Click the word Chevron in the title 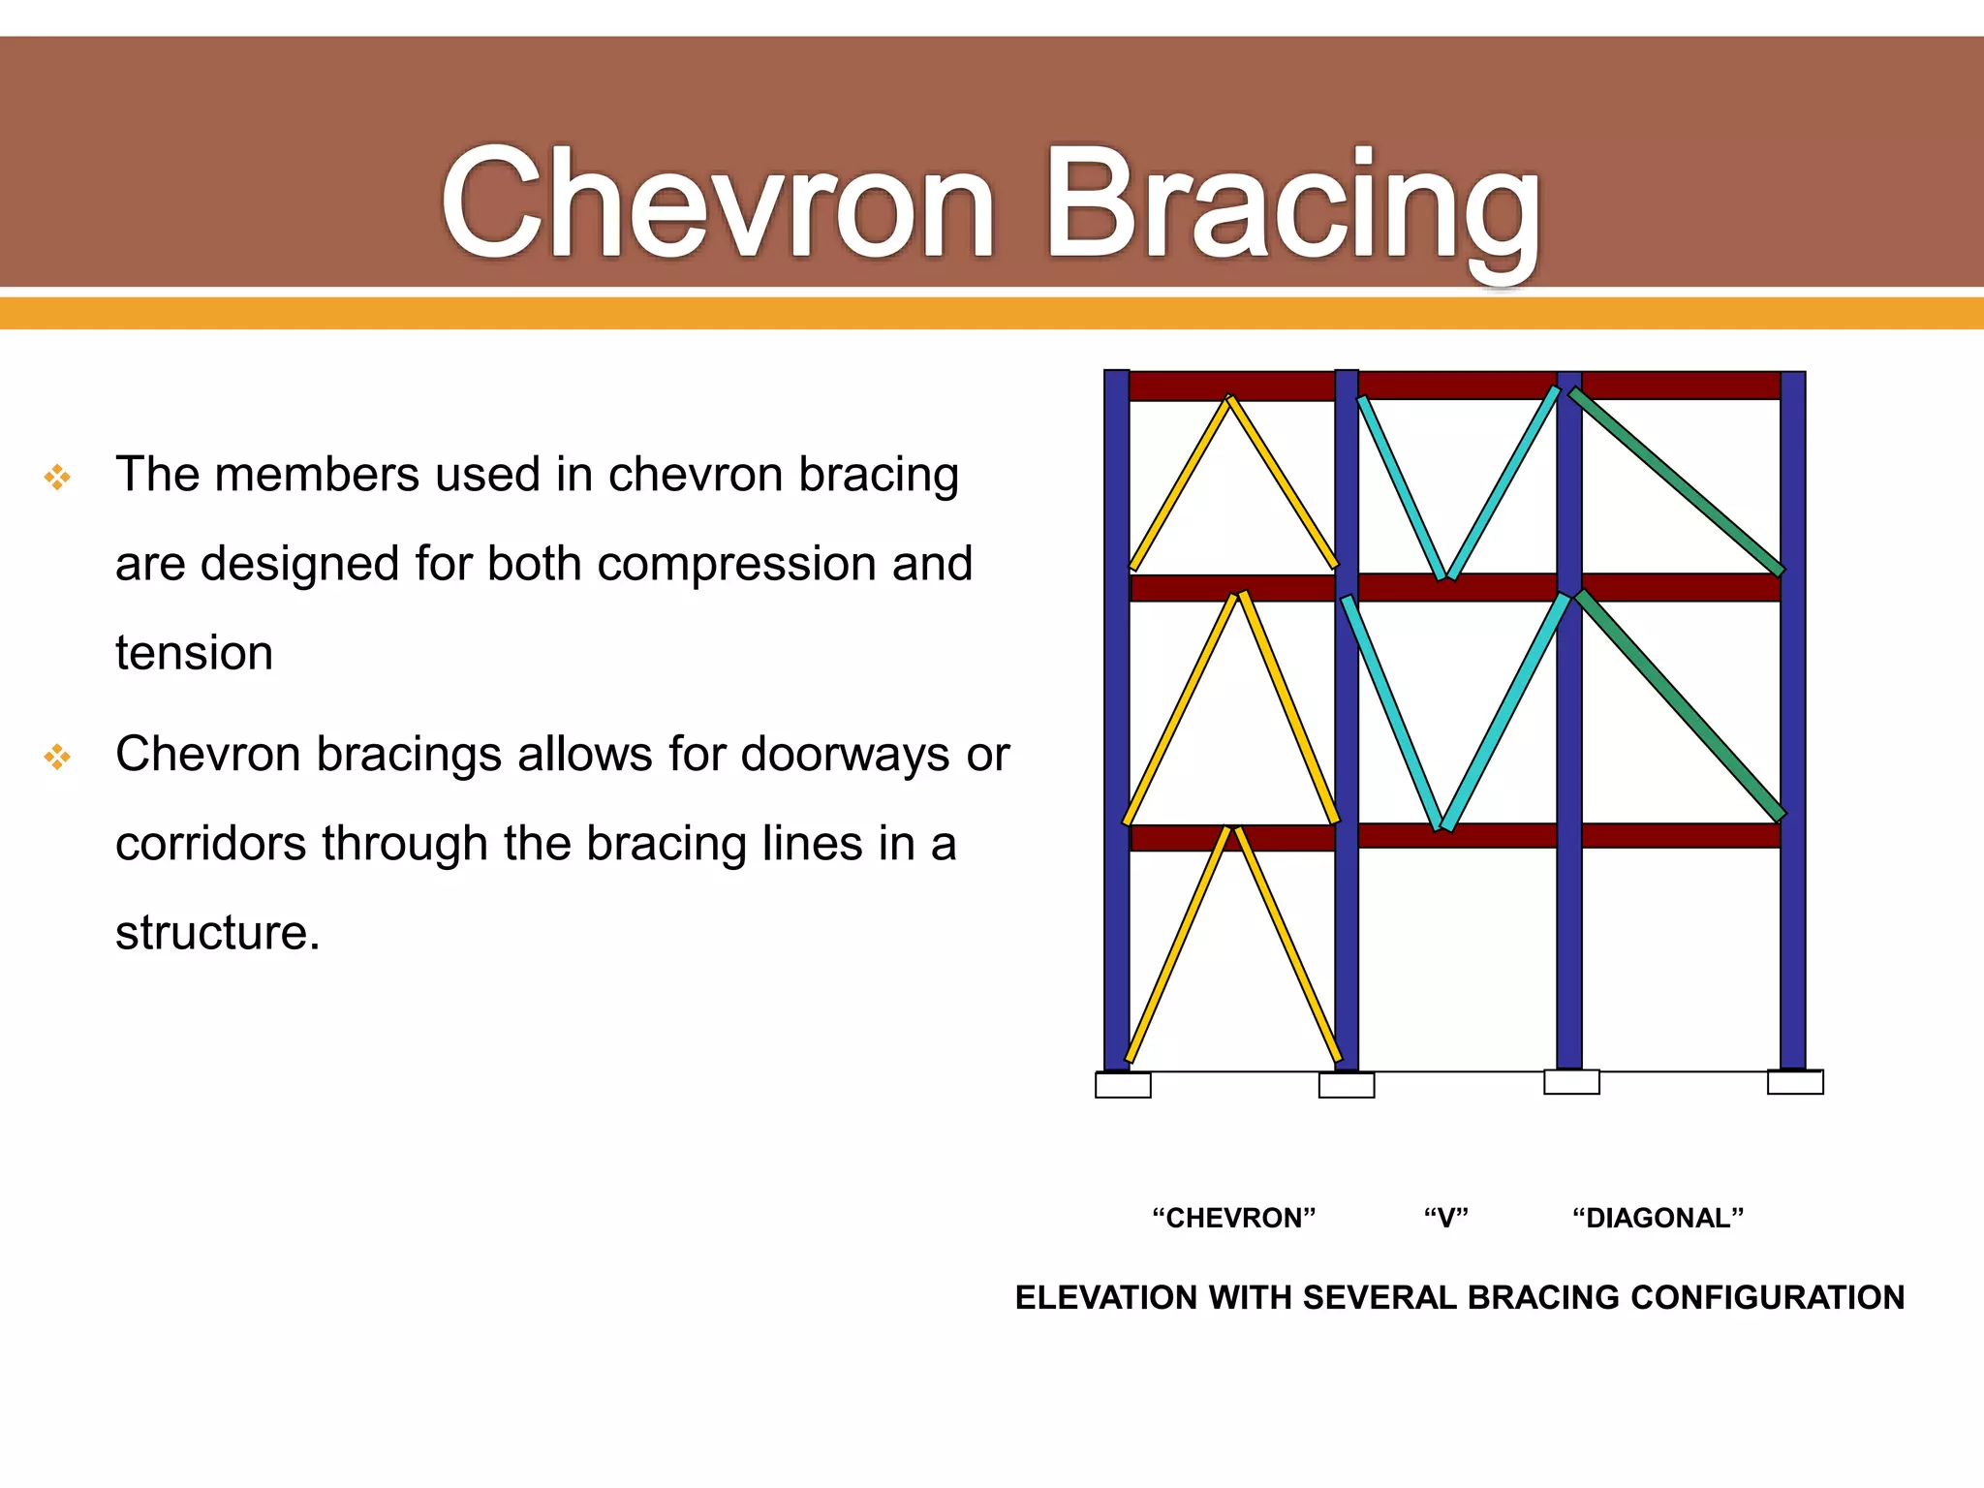point(717,203)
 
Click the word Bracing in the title point(1293,208)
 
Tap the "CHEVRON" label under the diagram point(1233,1218)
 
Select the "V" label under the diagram point(1445,1218)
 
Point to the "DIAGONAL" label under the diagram point(1658,1218)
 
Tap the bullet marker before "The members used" point(57,477)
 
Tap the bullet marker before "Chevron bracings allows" point(57,757)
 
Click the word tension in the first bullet point(194,653)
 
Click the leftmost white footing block point(1123,1085)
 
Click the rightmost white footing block point(1795,1082)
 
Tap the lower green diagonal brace point(1681,705)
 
